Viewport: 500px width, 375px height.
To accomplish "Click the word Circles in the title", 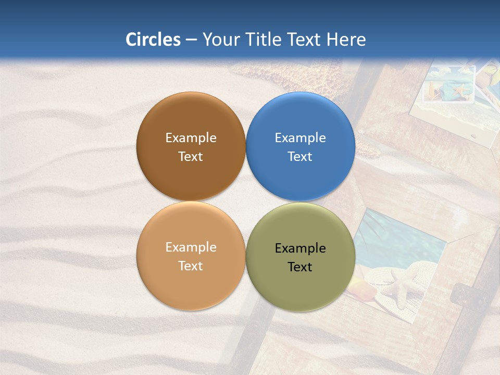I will pyautogui.click(x=153, y=40).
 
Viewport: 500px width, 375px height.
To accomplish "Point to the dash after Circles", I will pyautogui.click(x=191, y=40).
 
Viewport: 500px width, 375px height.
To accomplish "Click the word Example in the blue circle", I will pyautogui.click(x=300, y=138).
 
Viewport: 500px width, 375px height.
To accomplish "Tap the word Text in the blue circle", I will pyautogui.click(x=300, y=157).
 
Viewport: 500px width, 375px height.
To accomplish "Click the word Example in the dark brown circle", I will pyautogui.click(x=191, y=138).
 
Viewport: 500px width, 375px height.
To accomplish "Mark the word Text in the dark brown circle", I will pyautogui.click(x=191, y=157).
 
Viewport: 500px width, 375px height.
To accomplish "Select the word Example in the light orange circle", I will pyautogui.click(x=191, y=247).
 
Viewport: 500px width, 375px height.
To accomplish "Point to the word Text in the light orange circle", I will pyautogui.click(x=191, y=266).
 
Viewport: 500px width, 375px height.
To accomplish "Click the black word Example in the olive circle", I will pyautogui.click(x=300, y=248).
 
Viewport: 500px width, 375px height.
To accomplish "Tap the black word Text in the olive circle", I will pyautogui.click(x=300, y=267).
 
